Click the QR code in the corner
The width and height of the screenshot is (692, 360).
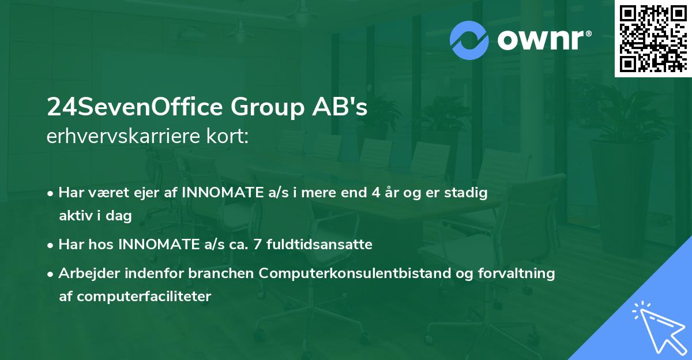click(x=653, y=39)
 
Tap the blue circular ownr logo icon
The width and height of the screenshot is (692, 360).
click(x=470, y=40)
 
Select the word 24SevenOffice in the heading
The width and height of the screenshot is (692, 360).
click(x=136, y=108)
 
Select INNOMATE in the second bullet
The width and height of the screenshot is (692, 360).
click(x=156, y=245)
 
